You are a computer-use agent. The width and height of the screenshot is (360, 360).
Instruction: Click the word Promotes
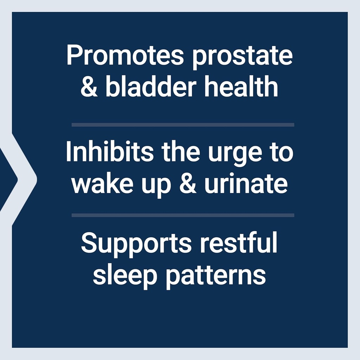coord(125,56)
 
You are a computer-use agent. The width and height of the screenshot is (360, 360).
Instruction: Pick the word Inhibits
coord(110,152)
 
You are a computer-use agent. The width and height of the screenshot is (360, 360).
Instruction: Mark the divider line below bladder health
coord(183,124)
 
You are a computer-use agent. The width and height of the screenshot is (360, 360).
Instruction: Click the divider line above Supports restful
coord(183,215)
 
